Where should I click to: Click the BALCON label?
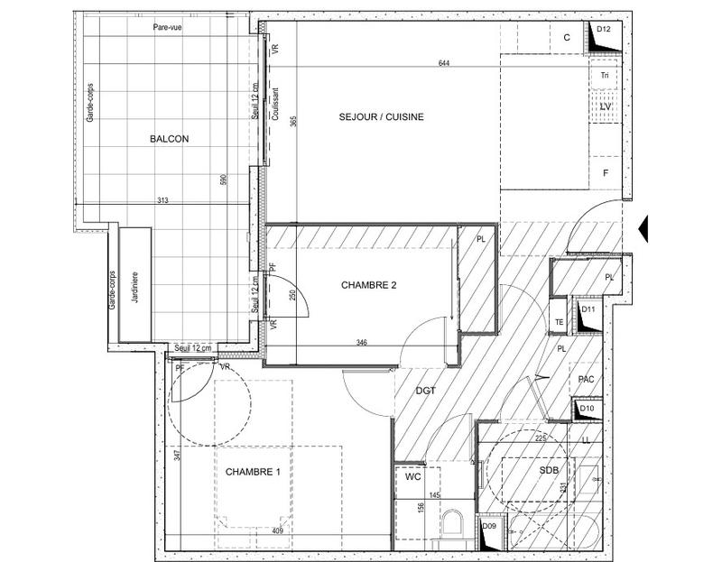(x=169, y=139)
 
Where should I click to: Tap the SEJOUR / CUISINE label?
(x=381, y=117)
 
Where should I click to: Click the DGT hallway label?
(x=425, y=392)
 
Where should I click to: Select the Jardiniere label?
(x=135, y=290)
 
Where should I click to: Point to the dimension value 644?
(x=443, y=63)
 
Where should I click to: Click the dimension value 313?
(x=162, y=199)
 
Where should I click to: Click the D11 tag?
(x=588, y=309)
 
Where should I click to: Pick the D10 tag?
(x=587, y=409)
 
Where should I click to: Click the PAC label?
(x=585, y=381)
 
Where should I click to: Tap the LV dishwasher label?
(x=606, y=107)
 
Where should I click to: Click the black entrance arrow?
(x=643, y=227)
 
